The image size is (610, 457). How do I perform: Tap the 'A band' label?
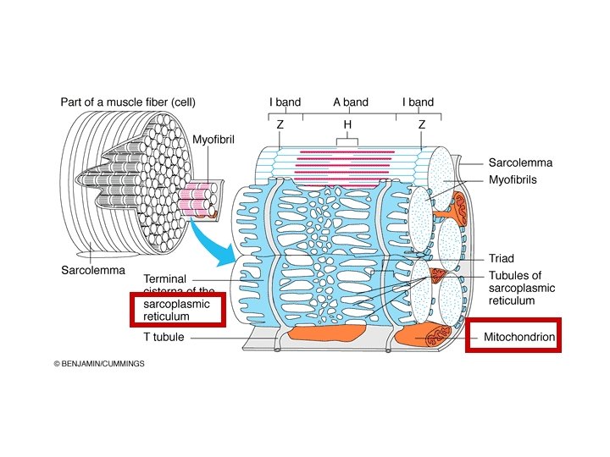350,102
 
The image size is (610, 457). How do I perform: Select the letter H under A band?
347,124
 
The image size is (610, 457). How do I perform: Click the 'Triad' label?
502,259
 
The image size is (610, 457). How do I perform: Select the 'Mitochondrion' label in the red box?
519,338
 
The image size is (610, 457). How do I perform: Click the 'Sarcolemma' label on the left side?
92,271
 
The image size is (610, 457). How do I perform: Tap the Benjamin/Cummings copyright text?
99,364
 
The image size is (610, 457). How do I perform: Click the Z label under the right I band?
421,124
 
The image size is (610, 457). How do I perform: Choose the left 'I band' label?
285,102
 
